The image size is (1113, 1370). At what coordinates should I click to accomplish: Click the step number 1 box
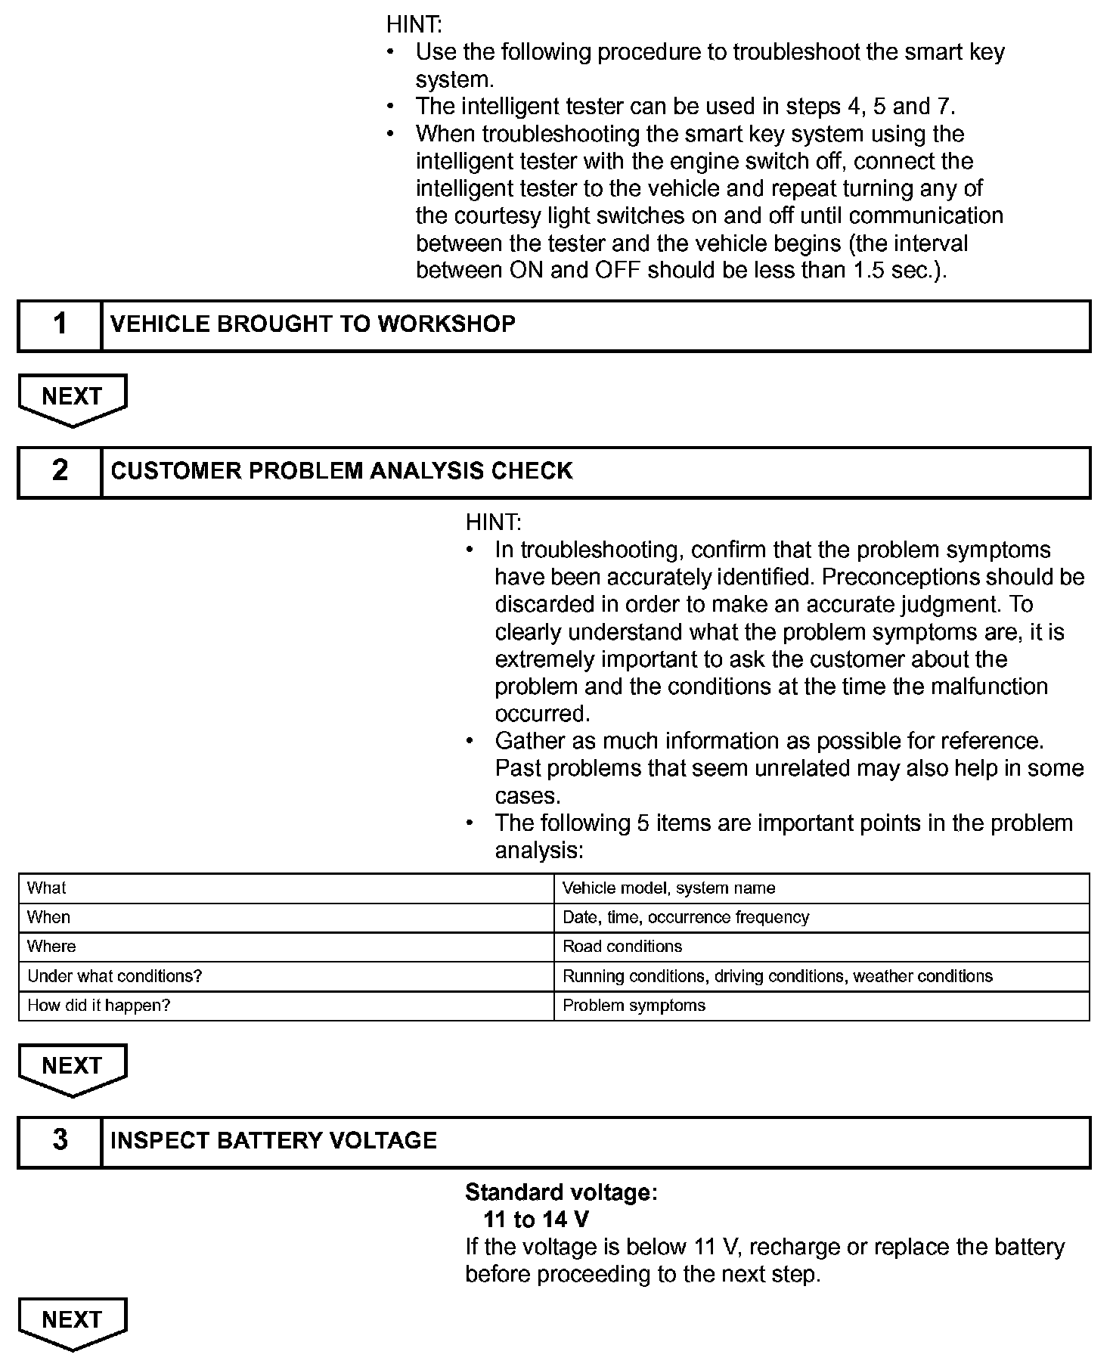60,326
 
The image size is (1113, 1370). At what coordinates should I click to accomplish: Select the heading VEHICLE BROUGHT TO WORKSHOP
313,324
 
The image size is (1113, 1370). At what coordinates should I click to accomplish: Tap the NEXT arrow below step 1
73,398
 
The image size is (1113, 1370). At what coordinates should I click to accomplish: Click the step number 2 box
60,473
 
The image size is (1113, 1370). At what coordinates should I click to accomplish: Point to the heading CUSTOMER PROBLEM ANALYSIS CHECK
342,471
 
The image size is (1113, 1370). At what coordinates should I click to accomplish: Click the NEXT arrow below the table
73,1068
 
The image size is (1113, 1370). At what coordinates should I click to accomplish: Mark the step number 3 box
60,1142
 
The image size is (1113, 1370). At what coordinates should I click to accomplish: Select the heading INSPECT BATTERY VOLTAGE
274,1141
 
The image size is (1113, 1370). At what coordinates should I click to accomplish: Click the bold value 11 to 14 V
536,1220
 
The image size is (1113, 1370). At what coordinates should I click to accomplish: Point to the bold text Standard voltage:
561,1192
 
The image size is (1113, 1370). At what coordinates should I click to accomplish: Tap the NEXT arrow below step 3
73,1322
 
